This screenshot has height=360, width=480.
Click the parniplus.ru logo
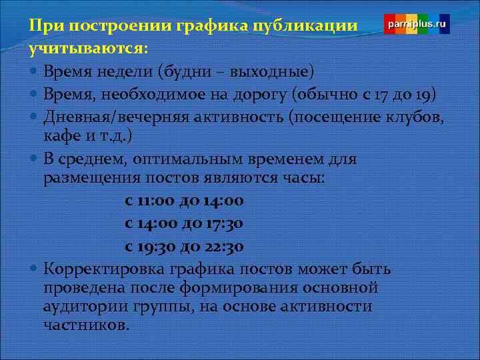417,24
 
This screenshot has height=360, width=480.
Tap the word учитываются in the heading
87,49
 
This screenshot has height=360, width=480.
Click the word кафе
61,137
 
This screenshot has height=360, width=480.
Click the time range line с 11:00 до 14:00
184,201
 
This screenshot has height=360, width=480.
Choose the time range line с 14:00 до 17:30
184,223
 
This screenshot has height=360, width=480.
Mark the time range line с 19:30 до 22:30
184,246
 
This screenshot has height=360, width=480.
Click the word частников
85,326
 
